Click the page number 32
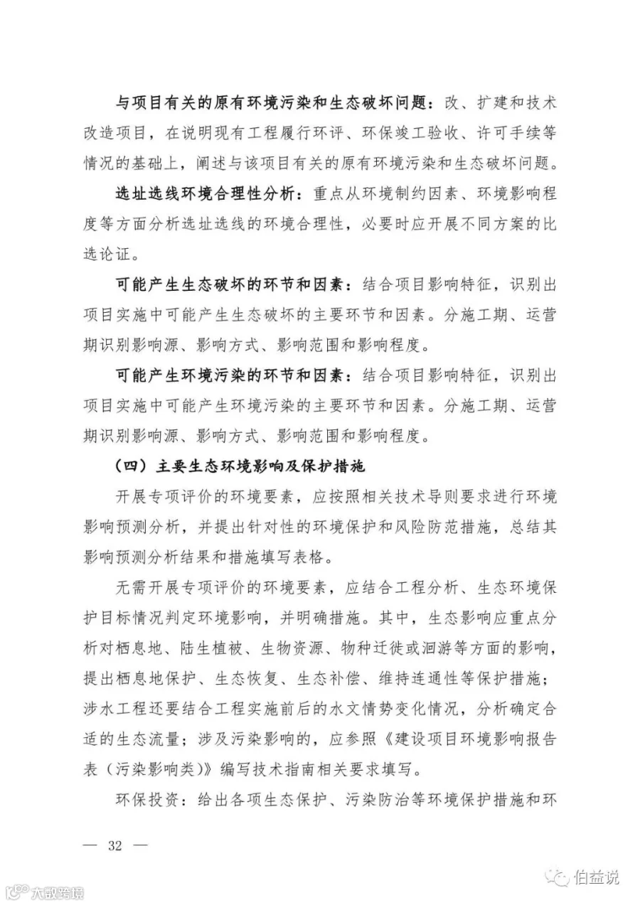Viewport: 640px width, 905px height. [x=115, y=846]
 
